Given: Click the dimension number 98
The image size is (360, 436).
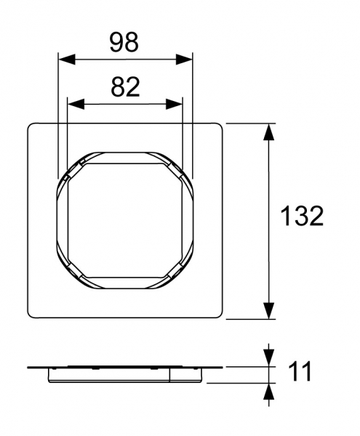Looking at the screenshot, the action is pyautogui.click(x=124, y=42).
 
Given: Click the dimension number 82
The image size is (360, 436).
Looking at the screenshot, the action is pyautogui.click(x=125, y=87).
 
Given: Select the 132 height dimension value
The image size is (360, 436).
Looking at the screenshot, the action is pyautogui.click(x=302, y=216).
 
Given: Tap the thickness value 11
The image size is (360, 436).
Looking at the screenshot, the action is pyautogui.click(x=300, y=372).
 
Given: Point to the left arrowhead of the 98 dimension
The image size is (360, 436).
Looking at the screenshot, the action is pyautogui.click(x=66, y=60).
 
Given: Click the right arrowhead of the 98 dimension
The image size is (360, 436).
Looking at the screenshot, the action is pyautogui.click(x=184, y=60).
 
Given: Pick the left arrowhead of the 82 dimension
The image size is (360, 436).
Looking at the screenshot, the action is pyautogui.click(x=76, y=104).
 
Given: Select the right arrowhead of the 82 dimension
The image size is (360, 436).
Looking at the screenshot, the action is pyautogui.click(x=174, y=104).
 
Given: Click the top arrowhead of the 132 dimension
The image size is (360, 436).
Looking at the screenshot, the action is pyautogui.click(x=268, y=132).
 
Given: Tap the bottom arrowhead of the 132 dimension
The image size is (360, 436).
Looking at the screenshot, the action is pyautogui.click(x=268, y=310).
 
